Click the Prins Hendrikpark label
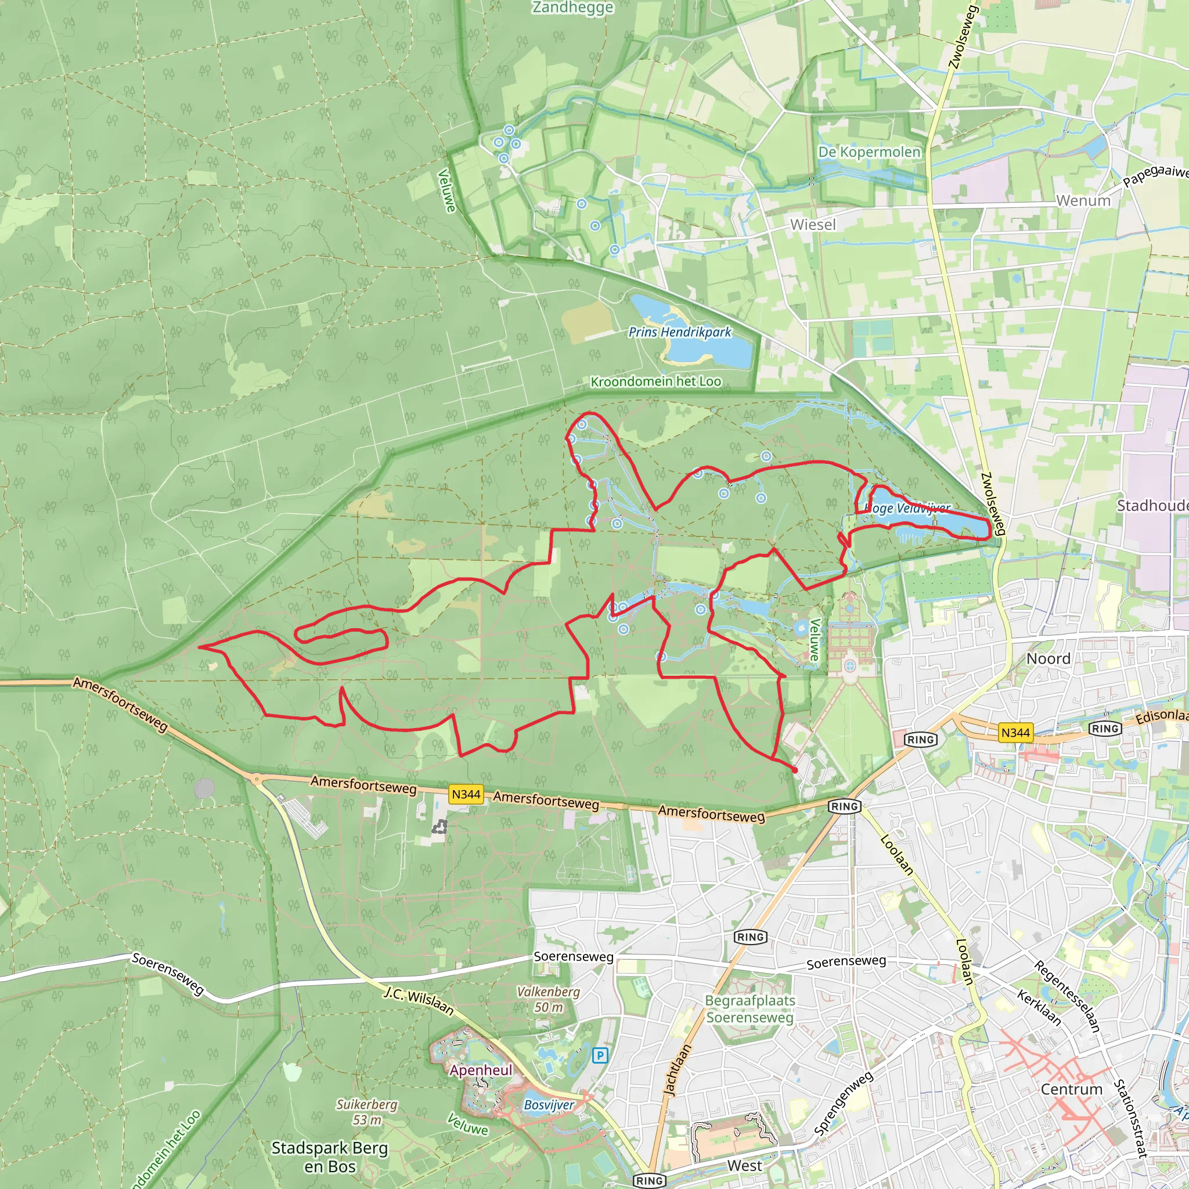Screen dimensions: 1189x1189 click(679, 332)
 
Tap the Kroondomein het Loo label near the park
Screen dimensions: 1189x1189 click(655, 381)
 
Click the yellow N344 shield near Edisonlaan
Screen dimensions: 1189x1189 click(1015, 732)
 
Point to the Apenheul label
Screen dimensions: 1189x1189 click(481, 1070)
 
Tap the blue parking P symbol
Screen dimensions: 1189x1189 click(599, 1056)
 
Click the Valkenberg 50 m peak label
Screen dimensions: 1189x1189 click(548, 1000)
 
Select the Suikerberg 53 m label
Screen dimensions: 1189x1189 click(367, 1112)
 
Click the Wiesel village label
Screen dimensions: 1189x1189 click(812, 225)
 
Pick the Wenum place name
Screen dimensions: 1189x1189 click(1083, 201)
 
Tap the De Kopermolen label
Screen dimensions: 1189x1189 click(869, 152)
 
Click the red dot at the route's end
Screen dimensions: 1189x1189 click(795, 770)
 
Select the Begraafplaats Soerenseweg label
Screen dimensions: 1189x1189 click(750, 1008)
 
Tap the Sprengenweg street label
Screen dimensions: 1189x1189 click(843, 1104)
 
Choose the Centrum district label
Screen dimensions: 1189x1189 click(1072, 1089)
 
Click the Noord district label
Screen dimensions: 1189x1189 click(1048, 658)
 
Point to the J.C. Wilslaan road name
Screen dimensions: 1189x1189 click(419, 1001)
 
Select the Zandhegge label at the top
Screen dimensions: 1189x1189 click(572, 8)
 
